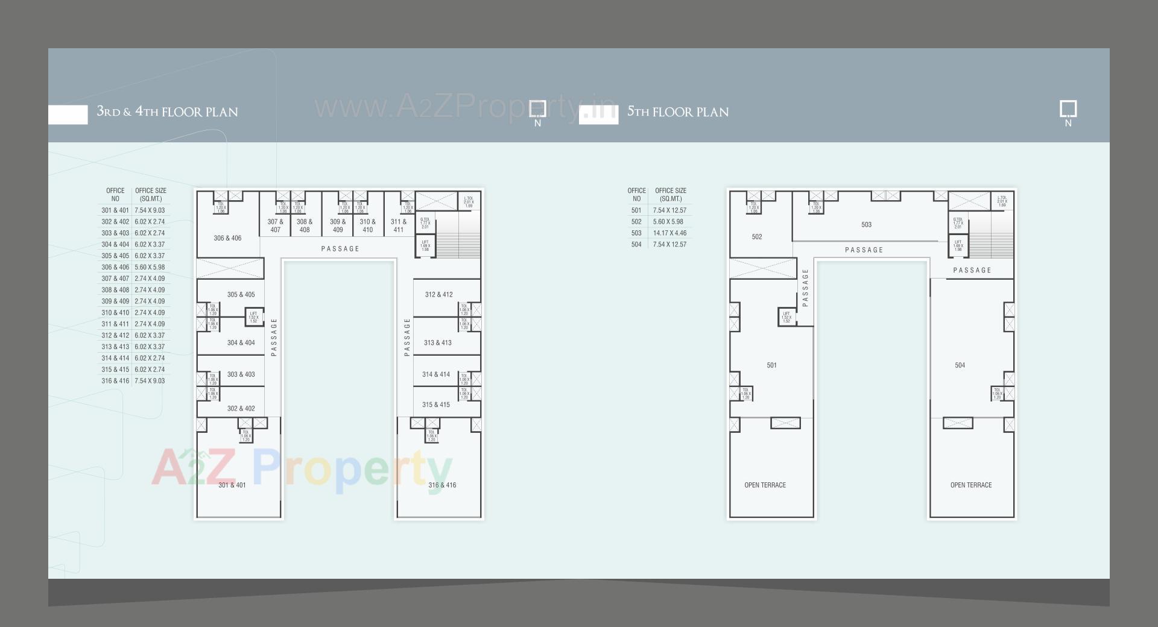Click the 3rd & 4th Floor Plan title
(167, 112)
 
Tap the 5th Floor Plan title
(677, 112)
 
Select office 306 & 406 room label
(227, 238)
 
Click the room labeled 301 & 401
(232, 485)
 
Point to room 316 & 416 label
(442, 485)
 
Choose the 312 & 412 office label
(438, 295)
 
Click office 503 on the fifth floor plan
(866, 225)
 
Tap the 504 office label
(960, 365)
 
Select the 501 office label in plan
(771, 365)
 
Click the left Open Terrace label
(765, 485)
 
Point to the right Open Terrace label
(970, 485)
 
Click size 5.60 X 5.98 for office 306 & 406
(150, 267)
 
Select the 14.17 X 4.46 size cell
(669, 233)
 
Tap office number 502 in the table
(636, 222)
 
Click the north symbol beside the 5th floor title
(1068, 113)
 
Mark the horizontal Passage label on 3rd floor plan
(340, 249)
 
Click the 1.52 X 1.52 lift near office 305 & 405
(253, 317)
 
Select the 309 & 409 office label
(338, 225)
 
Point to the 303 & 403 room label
(241, 374)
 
